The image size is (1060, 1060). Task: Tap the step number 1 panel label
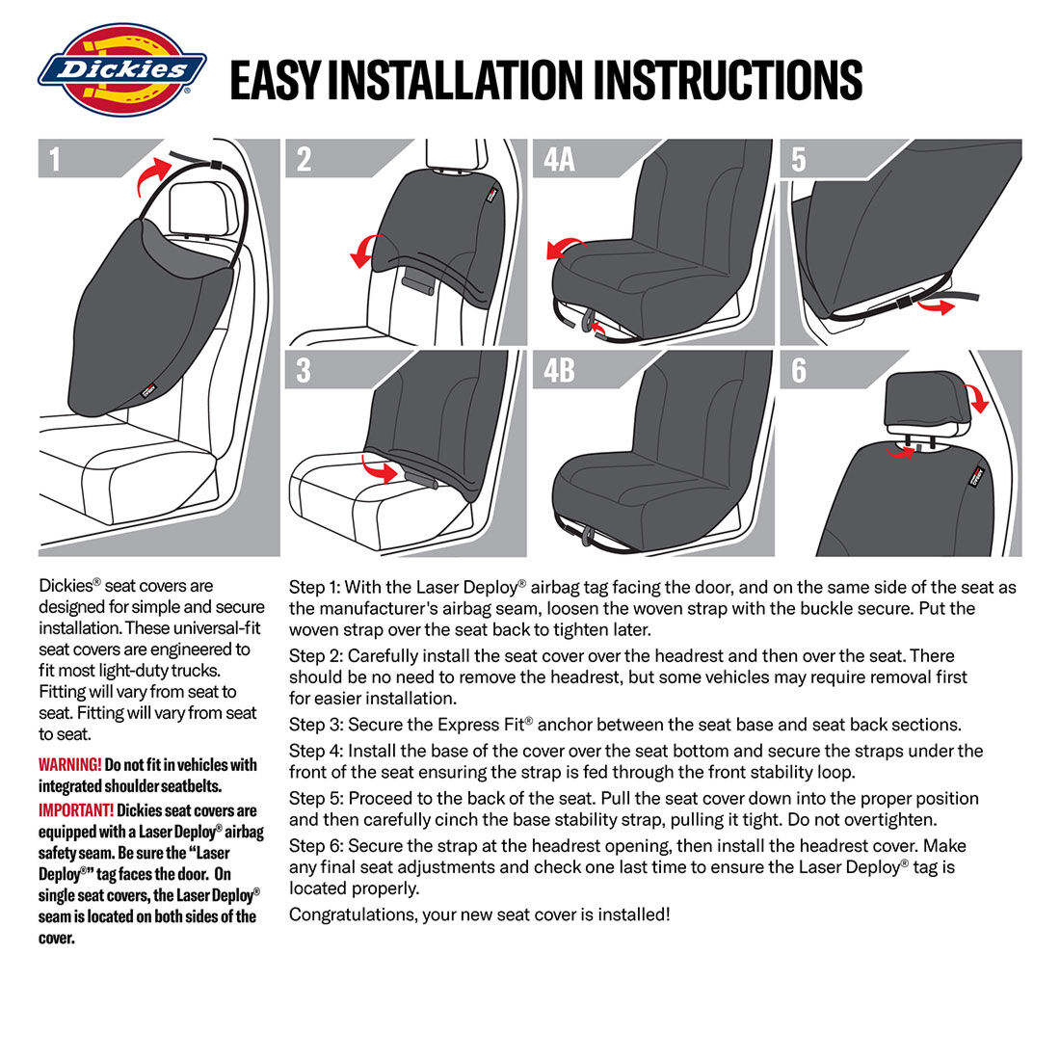click(54, 158)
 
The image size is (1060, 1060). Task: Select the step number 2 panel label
click(304, 158)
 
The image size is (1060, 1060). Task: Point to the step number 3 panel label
click(304, 369)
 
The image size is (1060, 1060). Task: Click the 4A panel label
click(559, 158)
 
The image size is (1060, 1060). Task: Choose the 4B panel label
click(559, 369)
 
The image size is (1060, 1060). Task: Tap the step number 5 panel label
click(799, 158)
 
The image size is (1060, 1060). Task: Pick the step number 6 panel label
click(799, 369)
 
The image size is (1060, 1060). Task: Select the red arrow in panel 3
click(380, 469)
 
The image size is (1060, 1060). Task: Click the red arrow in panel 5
click(931, 305)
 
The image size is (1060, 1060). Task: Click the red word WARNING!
click(69, 765)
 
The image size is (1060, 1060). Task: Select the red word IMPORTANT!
click(76, 810)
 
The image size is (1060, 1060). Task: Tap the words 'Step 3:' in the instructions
click(316, 725)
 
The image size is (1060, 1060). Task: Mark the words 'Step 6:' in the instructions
click(316, 846)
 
